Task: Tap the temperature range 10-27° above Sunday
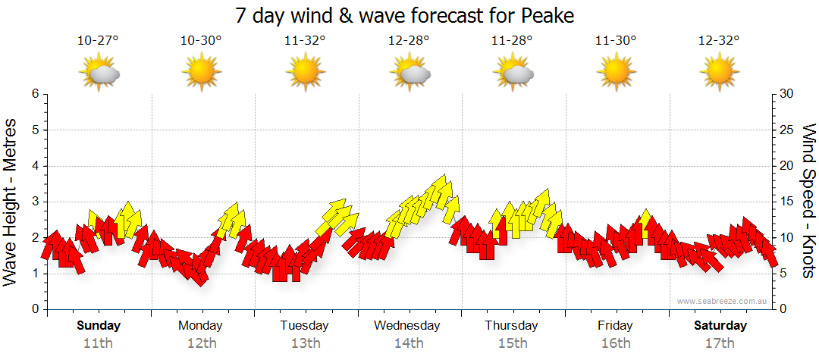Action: coord(98,41)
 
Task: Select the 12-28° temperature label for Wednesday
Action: coord(409,41)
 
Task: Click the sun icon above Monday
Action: coord(201,73)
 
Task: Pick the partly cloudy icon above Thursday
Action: coord(513,73)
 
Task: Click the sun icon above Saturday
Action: coord(720,73)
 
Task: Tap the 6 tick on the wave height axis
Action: coord(35,94)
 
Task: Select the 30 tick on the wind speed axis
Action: coord(786,94)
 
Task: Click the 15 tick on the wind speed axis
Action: coord(786,202)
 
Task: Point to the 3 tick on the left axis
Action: coord(35,202)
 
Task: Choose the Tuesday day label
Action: coord(305,326)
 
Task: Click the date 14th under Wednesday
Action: coord(409,343)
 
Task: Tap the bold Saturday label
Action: coord(720,326)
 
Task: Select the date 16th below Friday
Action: coord(616,343)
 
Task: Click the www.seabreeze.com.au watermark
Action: coord(723,301)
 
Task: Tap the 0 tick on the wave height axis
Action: coord(35,309)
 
